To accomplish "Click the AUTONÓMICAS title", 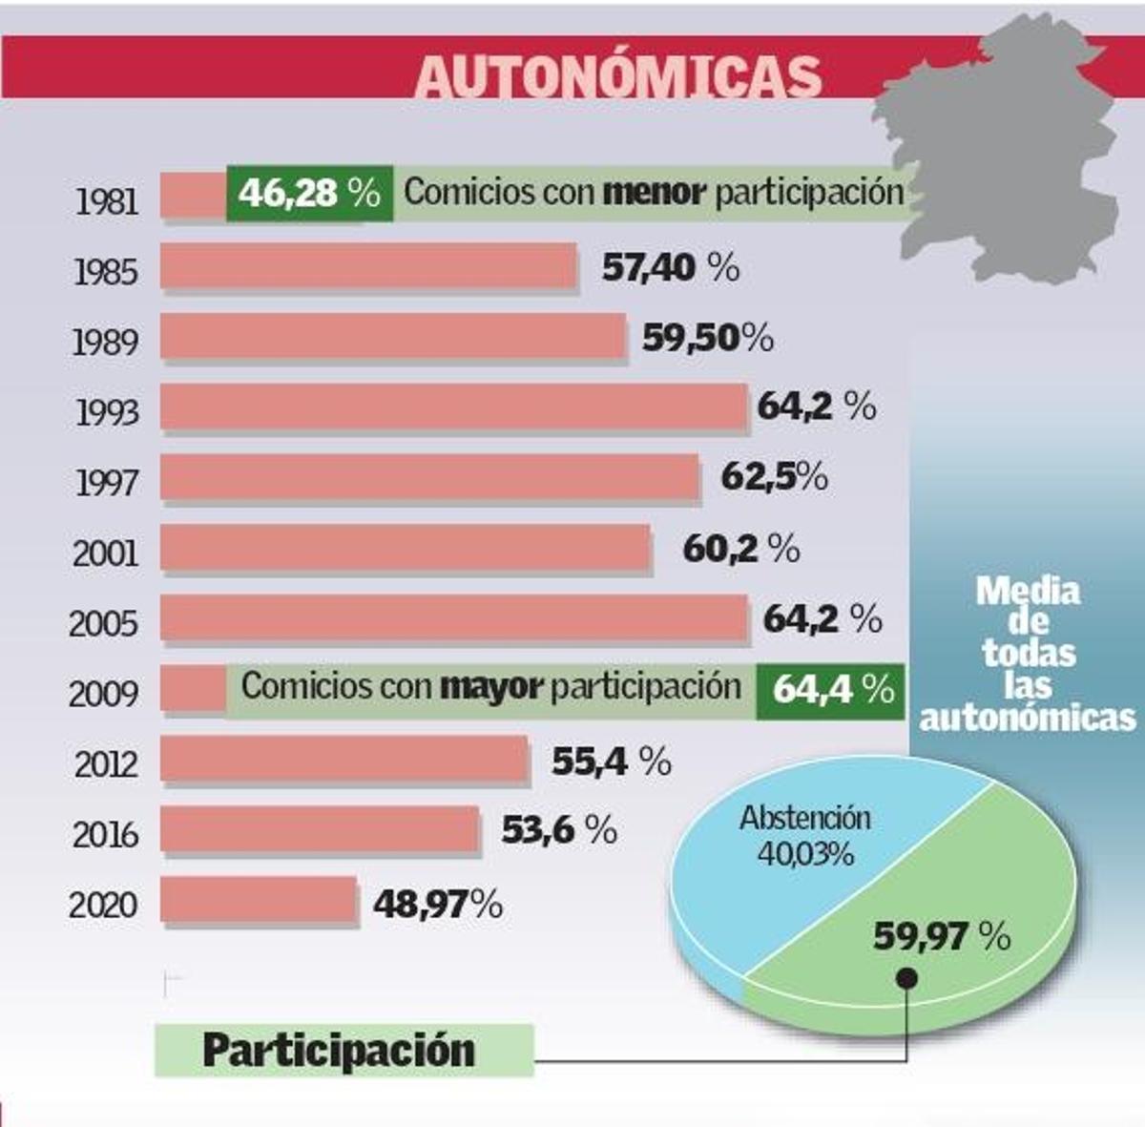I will [619, 75].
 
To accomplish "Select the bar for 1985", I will [368, 266].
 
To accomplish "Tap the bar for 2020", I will [259, 901].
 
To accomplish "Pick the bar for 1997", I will [429, 477].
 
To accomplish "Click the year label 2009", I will [103, 693].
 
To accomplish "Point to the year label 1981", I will [106, 201].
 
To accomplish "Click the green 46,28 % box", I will [309, 193].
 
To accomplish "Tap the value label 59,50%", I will [707, 338].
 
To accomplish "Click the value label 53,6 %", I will [559, 830].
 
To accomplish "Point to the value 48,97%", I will [437, 903].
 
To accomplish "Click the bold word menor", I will [655, 193].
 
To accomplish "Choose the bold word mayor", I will [491, 686].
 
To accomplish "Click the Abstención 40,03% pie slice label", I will [806, 835].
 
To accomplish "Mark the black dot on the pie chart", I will [906, 978].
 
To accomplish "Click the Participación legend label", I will [340, 1050].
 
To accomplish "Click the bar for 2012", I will [344, 760].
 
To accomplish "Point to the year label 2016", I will [105, 835].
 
